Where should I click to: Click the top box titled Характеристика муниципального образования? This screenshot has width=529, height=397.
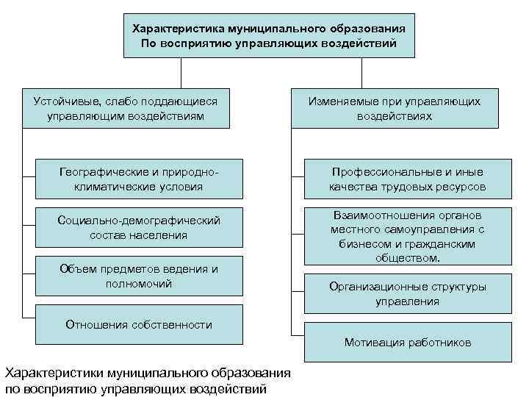(x=268, y=36)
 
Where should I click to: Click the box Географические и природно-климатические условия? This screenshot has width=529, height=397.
(x=138, y=179)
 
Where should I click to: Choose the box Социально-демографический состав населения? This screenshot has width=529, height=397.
(x=138, y=227)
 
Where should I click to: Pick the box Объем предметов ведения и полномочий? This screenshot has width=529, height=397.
(x=138, y=276)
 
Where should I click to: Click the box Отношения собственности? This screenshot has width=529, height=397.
(x=138, y=324)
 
